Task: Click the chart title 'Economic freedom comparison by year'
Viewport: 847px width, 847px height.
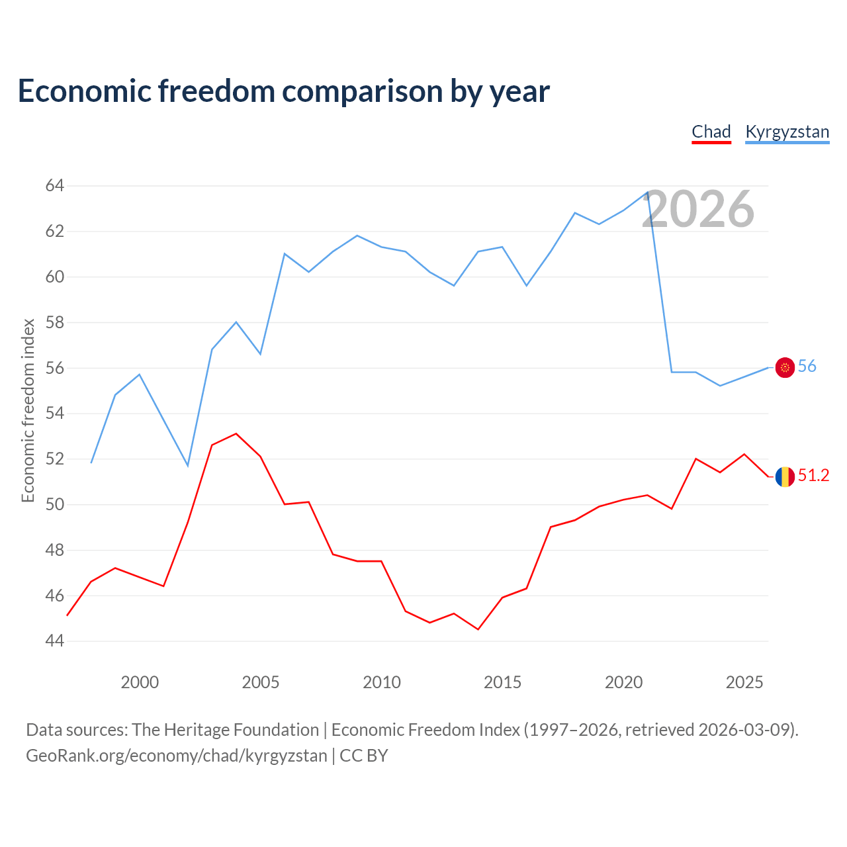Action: pyautogui.click(x=283, y=91)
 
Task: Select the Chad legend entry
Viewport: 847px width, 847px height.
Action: pyautogui.click(x=711, y=132)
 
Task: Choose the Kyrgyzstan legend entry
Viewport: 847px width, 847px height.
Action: pyautogui.click(x=787, y=132)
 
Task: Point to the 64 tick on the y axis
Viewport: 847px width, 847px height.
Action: pyautogui.click(x=54, y=185)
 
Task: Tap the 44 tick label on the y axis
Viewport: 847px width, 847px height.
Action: pyautogui.click(x=54, y=641)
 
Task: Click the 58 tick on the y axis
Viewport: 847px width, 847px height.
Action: pyautogui.click(x=54, y=322)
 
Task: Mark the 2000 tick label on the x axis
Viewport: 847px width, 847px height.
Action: pyautogui.click(x=140, y=682)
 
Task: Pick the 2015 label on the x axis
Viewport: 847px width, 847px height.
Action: pyautogui.click(x=502, y=682)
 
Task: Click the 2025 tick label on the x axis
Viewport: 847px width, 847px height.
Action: pyautogui.click(x=744, y=682)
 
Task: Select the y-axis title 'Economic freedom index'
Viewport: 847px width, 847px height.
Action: pyautogui.click(x=28, y=410)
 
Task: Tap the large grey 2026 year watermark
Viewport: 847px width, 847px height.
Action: pyautogui.click(x=698, y=209)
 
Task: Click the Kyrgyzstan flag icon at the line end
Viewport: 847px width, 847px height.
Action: pyautogui.click(x=785, y=367)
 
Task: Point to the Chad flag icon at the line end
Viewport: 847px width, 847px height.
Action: pyautogui.click(x=785, y=477)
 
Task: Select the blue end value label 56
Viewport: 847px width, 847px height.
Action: pyautogui.click(x=807, y=366)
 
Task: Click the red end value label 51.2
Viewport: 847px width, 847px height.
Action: pyautogui.click(x=814, y=475)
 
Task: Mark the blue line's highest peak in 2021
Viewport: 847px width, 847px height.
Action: pyautogui.click(x=647, y=192)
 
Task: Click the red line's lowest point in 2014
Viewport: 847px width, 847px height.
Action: pyautogui.click(x=478, y=629)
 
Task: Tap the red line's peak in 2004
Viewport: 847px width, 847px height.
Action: pyautogui.click(x=236, y=434)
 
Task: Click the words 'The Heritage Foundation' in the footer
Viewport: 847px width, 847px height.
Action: pyautogui.click(x=226, y=730)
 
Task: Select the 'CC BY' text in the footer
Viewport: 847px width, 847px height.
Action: pyautogui.click(x=364, y=756)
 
